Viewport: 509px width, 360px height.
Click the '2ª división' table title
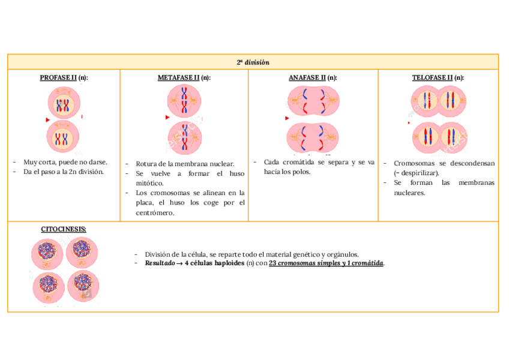tap(253, 62)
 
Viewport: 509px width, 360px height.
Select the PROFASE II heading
tap(64, 78)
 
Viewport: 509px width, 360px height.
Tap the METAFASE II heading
tap(184, 78)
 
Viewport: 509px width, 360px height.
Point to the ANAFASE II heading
tap(313, 78)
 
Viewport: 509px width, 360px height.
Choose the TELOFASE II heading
tap(438, 78)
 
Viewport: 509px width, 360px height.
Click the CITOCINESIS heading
tap(63, 229)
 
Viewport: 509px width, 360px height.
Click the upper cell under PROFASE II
tap(63, 104)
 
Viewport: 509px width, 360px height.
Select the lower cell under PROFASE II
tap(62, 137)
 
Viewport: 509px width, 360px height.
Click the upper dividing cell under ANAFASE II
tap(313, 101)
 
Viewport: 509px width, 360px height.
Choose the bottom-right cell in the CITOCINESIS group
tap(83, 286)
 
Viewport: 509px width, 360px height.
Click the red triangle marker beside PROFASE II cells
tap(47, 120)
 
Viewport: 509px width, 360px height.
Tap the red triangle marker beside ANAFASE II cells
tap(287, 119)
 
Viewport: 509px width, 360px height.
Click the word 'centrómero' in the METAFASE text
tap(155, 213)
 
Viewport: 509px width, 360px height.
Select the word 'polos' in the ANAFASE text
tap(301, 172)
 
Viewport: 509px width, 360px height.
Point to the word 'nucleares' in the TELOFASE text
tap(409, 193)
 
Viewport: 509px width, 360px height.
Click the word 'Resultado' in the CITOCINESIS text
tap(158, 263)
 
